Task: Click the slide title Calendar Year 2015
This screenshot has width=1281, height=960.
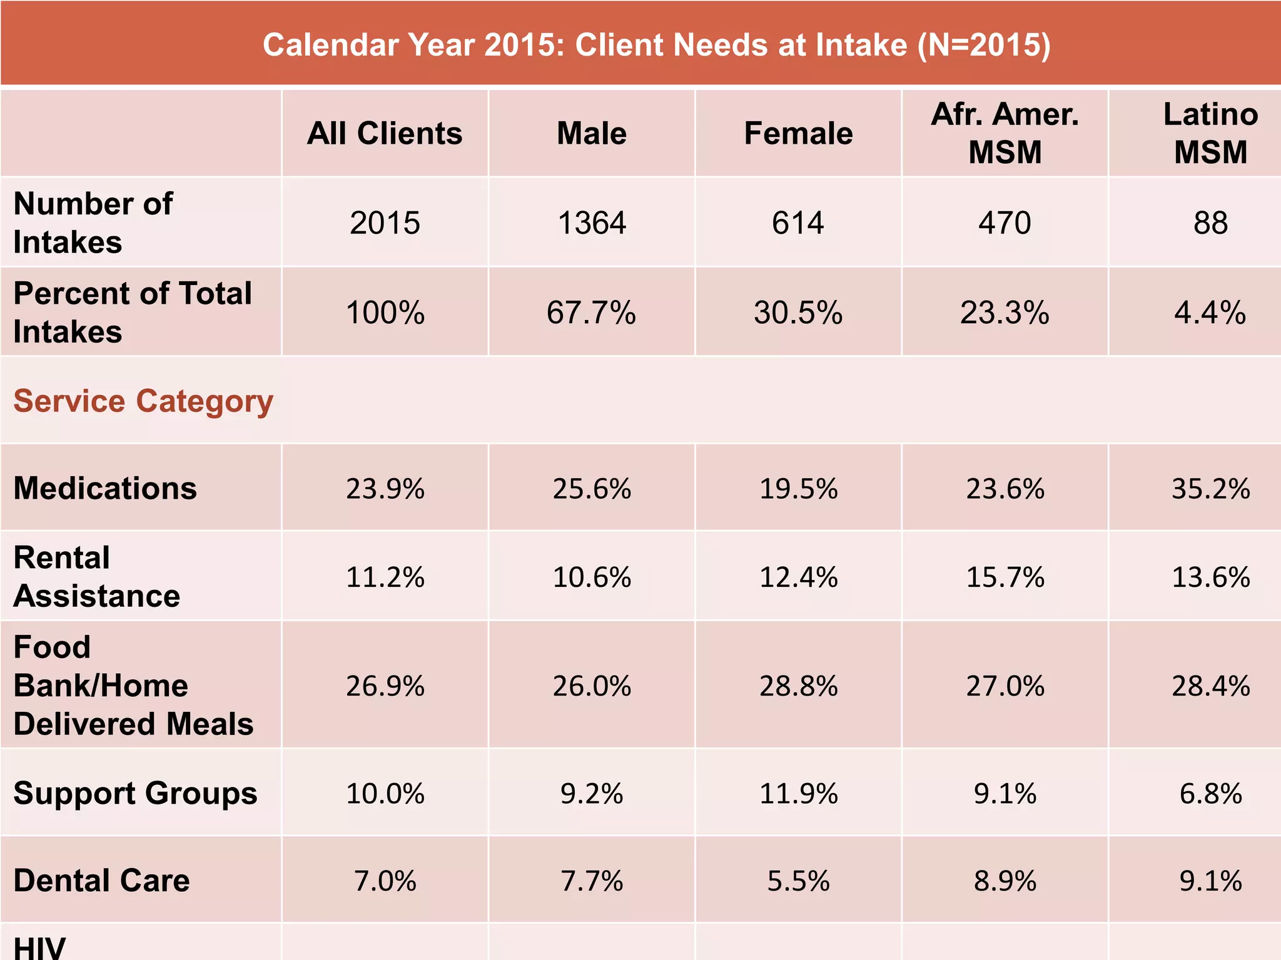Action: click(x=656, y=45)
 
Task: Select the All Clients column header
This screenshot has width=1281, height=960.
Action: click(x=385, y=134)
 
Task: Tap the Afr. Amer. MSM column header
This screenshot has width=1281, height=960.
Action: click(x=1005, y=133)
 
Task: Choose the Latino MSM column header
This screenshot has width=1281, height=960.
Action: click(x=1210, y=133)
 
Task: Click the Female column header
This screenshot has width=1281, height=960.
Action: click(x=798, y=134)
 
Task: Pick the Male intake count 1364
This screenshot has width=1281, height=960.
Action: click(x=592, y=223)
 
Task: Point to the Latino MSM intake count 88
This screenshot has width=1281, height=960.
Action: click(x=1210, y=223)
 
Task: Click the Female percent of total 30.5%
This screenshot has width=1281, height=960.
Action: click(x=798, y=312)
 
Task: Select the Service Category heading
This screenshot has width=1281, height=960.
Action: click(x=143, y=401)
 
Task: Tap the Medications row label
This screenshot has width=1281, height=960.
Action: click(x=105, y=488)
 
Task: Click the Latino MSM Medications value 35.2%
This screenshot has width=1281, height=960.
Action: click(x=1210, y=489)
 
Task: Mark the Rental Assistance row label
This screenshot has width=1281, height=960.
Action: click(x=97, y=576)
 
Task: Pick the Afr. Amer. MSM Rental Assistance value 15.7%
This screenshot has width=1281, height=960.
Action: click(x=1005, y=577)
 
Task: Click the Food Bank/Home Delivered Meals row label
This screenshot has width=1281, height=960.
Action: click(x=133, y=686)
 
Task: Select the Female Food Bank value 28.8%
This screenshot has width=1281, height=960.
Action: click(x=798, y=686)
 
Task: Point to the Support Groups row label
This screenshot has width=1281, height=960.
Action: click(x=135, y=793)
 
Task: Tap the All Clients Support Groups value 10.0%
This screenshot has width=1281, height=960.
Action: click(x=385, y=794)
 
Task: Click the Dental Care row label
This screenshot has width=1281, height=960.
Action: click(x=101, y=881)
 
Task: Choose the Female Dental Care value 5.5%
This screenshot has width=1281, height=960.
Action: click(x=798, y=881)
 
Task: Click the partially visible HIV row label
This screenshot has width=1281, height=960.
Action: click(x=39, y=947)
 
